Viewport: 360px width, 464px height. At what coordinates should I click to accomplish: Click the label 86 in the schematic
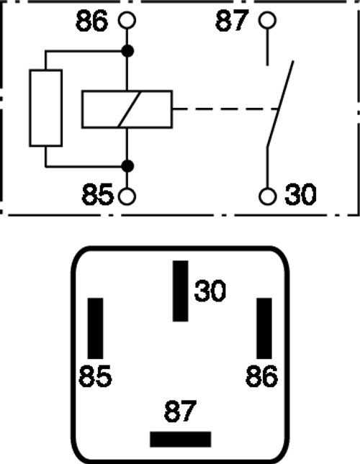coord(91,21)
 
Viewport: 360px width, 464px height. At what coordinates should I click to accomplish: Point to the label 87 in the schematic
coord(231,21)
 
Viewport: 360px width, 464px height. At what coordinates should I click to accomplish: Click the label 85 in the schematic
coord(98,194)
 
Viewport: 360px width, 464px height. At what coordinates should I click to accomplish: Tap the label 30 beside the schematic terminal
coord(300,194)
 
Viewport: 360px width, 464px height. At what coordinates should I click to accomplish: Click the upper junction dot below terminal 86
coord(127,51)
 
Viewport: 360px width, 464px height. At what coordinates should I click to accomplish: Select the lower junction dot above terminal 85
coord(127,166)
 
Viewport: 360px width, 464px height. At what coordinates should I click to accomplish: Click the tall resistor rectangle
coord(46,108)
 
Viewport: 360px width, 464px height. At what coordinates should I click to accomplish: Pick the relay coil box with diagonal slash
coord(127,109)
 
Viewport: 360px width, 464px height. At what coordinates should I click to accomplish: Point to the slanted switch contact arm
coord(280,104)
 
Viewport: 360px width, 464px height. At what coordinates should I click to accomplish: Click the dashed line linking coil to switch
coord(225,109)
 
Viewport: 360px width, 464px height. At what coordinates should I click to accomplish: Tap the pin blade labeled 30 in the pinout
coord(181,291)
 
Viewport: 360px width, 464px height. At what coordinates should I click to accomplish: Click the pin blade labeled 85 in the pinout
coord(95,328)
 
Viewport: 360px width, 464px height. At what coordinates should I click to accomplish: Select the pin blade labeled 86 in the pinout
coord(264,328)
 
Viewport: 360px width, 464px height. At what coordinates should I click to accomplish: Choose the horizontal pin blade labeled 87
coord(181,440)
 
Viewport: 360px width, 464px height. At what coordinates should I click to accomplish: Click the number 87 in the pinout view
coord(180,411)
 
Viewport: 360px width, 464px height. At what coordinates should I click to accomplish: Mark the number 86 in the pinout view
coord(261,376)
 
